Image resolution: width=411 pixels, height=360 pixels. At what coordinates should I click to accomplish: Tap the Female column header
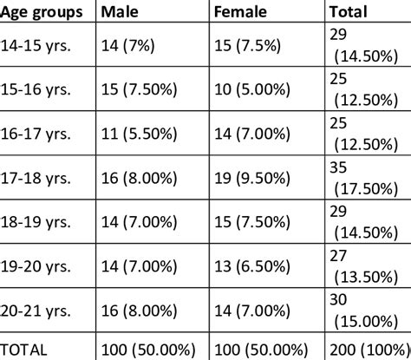pos(240,11)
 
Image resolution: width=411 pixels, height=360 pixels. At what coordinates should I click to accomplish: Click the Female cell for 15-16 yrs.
pos(258,89)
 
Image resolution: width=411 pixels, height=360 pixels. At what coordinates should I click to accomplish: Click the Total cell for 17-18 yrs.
pos(364,179)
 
